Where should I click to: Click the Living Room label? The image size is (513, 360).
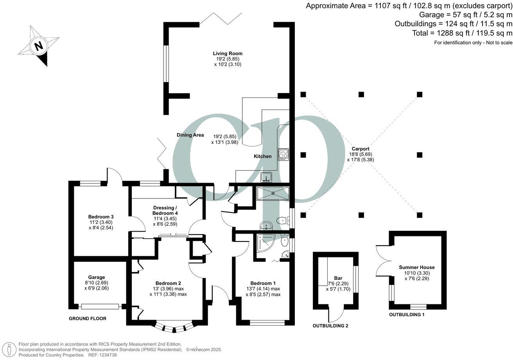point(228,53)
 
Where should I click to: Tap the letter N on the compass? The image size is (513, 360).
point(38,46)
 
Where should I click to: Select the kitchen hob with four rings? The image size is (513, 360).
point(283,154)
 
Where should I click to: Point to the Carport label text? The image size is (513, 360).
point(361,149)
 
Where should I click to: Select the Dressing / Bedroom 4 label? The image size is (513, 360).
point(165,210)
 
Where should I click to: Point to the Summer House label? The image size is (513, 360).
point(417,267)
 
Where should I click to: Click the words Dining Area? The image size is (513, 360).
point(190,135)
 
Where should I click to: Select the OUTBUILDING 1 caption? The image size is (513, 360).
point(407,314)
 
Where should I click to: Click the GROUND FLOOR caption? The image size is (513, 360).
point(88,319)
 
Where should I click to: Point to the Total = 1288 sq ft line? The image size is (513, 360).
point(462,33)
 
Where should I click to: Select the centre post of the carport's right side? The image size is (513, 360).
point(420,155)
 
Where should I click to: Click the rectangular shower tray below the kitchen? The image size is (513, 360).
point(273,193)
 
